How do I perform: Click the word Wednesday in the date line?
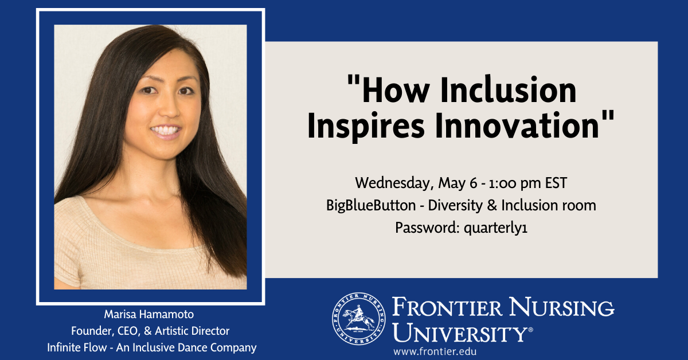coord(394,183)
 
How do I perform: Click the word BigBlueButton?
coord(371,205)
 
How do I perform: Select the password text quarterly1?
coord(495,228)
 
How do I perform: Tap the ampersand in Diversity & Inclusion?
coord(492,205)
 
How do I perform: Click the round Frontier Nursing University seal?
coord(359,319)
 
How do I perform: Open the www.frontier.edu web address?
coord(435,351)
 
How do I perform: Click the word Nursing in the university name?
coord(561,307)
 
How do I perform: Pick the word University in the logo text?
coord(459,332)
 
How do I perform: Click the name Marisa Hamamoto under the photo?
coord(149,314)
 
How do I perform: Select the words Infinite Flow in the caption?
coord(77,347)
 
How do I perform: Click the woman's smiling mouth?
coord(166,131)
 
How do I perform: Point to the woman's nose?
coord(169,109)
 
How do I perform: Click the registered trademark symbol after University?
coord(530,330)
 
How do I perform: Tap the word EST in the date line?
coord(556,183)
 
